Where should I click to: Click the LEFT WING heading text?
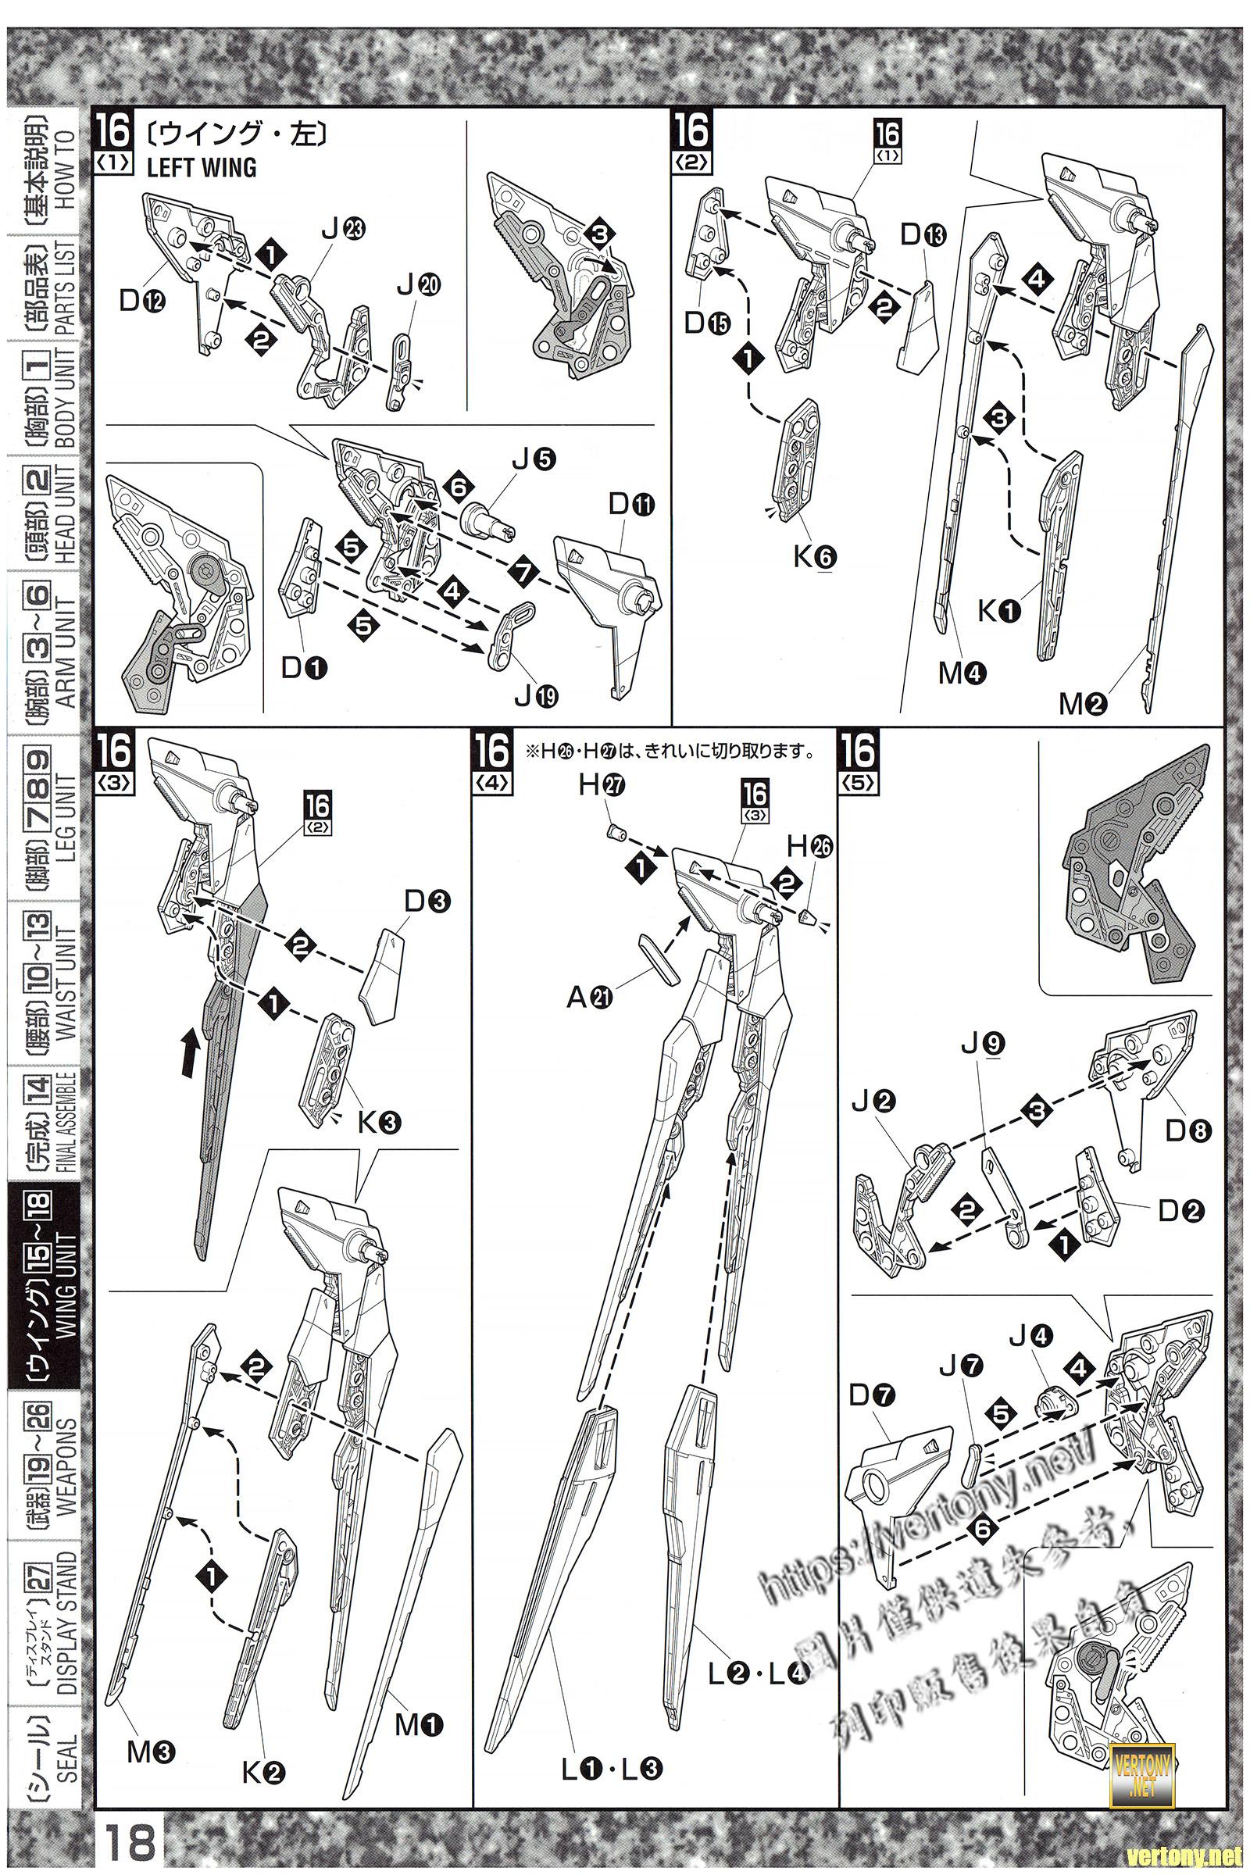pos(202,166)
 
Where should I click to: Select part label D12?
pos(144,301)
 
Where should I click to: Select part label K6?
pos(813,557)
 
